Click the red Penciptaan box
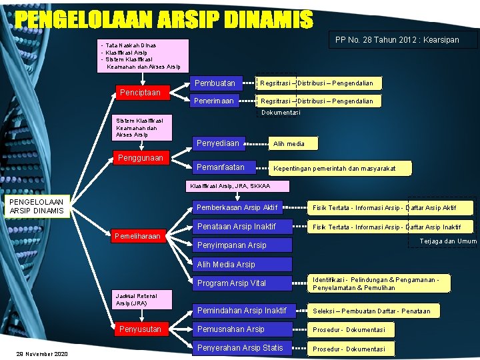[139, 92]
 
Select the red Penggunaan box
[139, 158]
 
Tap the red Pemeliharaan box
[137, 236]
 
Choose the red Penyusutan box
[139, 329]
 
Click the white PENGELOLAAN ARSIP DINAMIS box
[37, 206]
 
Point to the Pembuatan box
[219, 83]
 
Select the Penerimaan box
[219, 101]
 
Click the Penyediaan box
[224, 143]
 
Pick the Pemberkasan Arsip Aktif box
[240, 207]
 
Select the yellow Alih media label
[289, 143]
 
